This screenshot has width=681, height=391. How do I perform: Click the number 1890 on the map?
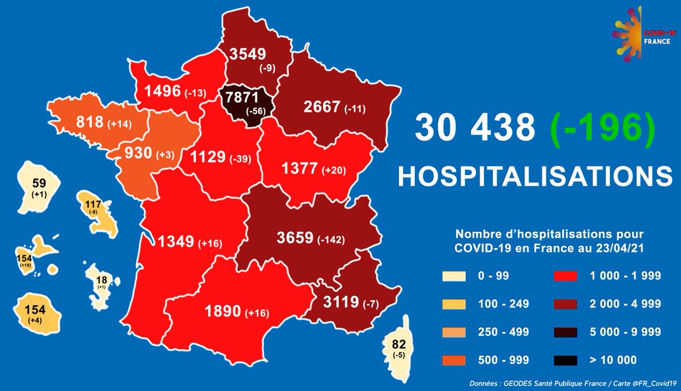(x=223, y=313)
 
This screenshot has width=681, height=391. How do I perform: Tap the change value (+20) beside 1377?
(x=336, y=170)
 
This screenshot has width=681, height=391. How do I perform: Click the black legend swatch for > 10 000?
(x=564, y=360)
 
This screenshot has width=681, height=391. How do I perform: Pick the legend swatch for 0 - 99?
(x=453, y=277)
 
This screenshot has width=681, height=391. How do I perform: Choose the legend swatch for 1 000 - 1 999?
(x=564, y=277)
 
